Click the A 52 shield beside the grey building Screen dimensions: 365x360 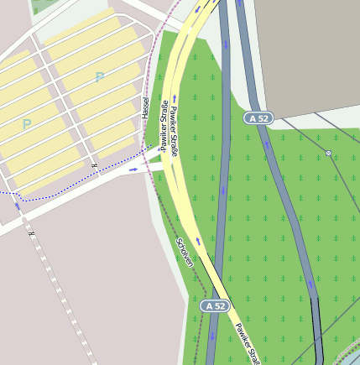pyautogui.click(x=258, y=119)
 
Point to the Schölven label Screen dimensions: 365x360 pyautogui.click(x=185, y=252)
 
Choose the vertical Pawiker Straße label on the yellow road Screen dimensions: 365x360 pyautogui.click(x=174, y=131)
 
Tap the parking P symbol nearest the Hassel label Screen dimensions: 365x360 pyautogui.click(x=100, y=78)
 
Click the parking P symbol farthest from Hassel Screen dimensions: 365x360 pyautogui.click(x=27, y=124)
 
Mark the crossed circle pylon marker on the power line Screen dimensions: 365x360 pyautogui.click(x=328, y=154)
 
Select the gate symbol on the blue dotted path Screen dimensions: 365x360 pyautogui.click(x=95, y=165)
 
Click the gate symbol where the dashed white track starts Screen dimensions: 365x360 pyautogui.click(x=30, y=233)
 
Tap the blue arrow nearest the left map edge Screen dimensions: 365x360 pyautogui.click(x=16, y=205)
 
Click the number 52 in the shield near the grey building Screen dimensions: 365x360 pyautogui.click(x=263, y=119)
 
